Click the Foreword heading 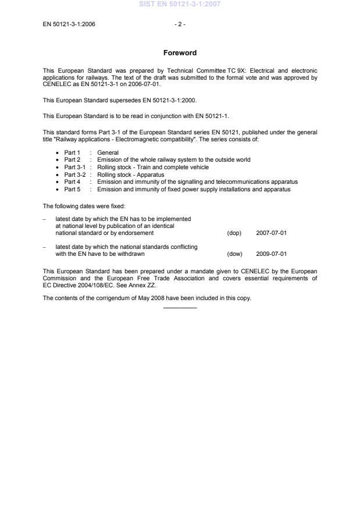[x=180, y=53]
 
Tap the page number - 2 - [x=180, y=24]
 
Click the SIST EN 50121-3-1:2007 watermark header [x=180, y=5]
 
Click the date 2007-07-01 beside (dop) [x=271, y=233]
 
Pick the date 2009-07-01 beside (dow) [x=271, y=254]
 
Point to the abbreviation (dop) [x=234, y=233]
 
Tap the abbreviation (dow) [x=234, y=254]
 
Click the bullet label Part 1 [x=72, y=152]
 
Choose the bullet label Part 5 [x=72, y=189]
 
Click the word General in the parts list [x=108, y=152]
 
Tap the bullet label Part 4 [x=72, y=181]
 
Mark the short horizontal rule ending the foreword [x=180, y=308]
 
